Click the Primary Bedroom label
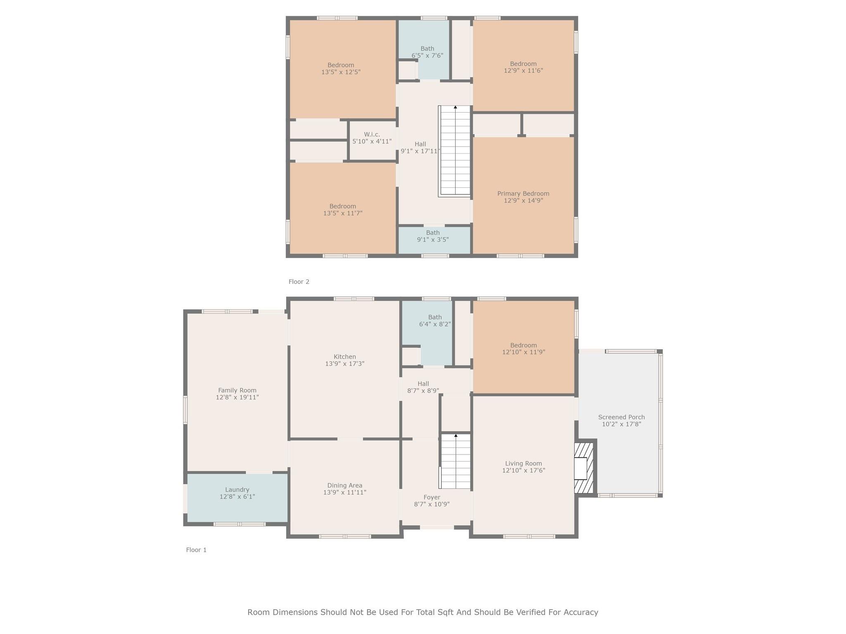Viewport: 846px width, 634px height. (523, 194)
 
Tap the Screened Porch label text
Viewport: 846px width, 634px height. (621, 417)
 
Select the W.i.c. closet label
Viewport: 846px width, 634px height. (372, 135)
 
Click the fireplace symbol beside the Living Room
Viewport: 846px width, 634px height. (584, 468)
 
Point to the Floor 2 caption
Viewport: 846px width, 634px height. (299, 282)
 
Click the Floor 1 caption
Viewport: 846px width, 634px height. (196, 550)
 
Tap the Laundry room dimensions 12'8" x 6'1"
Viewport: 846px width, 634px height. (237, 497)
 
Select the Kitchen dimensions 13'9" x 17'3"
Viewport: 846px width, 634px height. (345, 364)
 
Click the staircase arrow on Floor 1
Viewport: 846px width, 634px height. (456, 436)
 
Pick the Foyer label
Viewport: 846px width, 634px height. (432, 497)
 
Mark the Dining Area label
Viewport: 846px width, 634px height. (345, 485)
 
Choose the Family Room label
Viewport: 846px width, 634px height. (237, 390)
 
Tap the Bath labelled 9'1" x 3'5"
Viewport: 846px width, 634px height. (433, 236)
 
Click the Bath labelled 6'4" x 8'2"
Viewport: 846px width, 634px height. (435, 321)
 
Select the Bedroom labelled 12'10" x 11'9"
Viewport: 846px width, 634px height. (523, 349)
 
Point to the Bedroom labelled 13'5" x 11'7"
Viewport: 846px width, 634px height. (342, 210)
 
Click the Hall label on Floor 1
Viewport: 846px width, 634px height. (423, 383)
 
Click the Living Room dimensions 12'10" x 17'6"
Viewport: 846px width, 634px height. (523, 470)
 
